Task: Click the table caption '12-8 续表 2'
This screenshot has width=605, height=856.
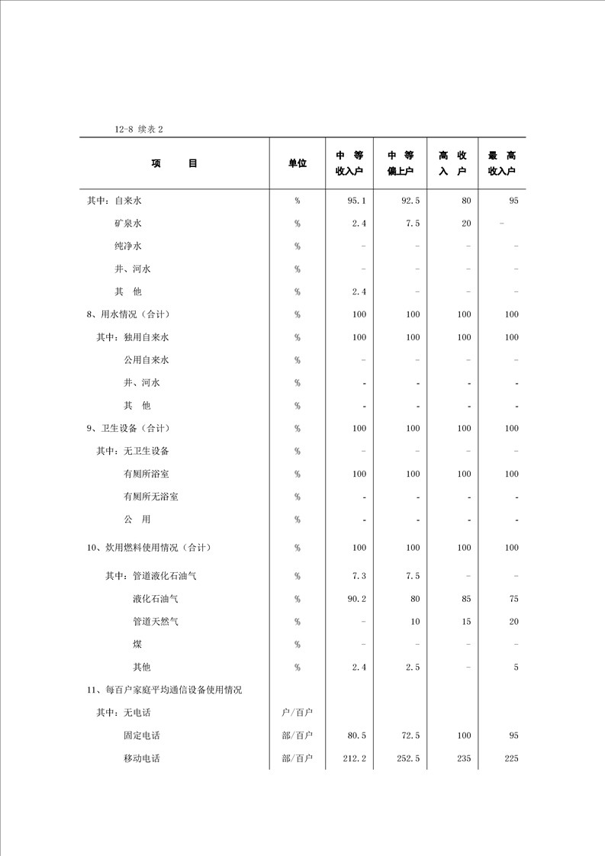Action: (139, 129)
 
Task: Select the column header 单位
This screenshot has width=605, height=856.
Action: (297, 163)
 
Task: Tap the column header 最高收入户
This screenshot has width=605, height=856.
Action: (501, 163)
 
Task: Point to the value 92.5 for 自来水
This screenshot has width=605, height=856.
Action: (410, 201)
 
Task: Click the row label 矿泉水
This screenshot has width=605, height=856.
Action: (128, 224)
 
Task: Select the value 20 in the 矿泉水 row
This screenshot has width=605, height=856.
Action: (466, 224)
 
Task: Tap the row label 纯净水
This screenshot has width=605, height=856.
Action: (128, 246)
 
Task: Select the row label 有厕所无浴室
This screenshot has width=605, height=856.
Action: (151, 497)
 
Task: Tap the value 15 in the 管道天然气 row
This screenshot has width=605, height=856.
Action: (466, 622)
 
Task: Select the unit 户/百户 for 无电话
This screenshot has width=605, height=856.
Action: (298, 713)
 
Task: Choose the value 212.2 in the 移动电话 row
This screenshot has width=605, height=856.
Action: (355, 758)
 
